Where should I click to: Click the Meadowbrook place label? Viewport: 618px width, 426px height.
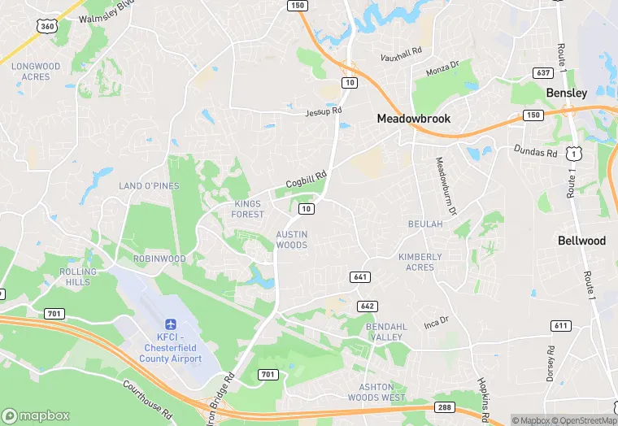pyautogui.click(x=413, y=119)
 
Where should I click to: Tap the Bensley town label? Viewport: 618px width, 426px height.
pyautogui.click(x=566, y=93)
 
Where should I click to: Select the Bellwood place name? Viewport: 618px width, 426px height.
pyautogui.click(x=581, y=241)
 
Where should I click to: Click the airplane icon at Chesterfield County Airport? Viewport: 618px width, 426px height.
pyautogui.click(x=171, y=324)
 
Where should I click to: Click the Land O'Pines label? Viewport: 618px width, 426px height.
pyautogui.click(x=149, y=186)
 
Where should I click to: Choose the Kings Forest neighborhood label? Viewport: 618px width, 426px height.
pyautogui.click(x=249, y=209)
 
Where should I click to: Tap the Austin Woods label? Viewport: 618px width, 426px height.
pyautogui.click(x=291, y=240)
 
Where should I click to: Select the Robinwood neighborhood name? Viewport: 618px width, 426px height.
pyautogui.click(x=159, y=259)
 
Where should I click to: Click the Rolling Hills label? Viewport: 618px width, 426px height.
pyautogui.click(x=79, y=276)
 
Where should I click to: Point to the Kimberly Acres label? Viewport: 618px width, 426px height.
pyautogui.click(x=420, y=262)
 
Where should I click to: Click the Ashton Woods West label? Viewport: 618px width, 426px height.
pyautogui.click(x=382, y=392)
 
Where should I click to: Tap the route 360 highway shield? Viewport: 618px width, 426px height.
pyautogui.click(x=47, y=27)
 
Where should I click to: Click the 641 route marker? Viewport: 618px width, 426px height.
pyautogui.click(x=360, y=277)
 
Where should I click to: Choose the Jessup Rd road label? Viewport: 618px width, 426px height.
pyautogui.click(x=324, y=111)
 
